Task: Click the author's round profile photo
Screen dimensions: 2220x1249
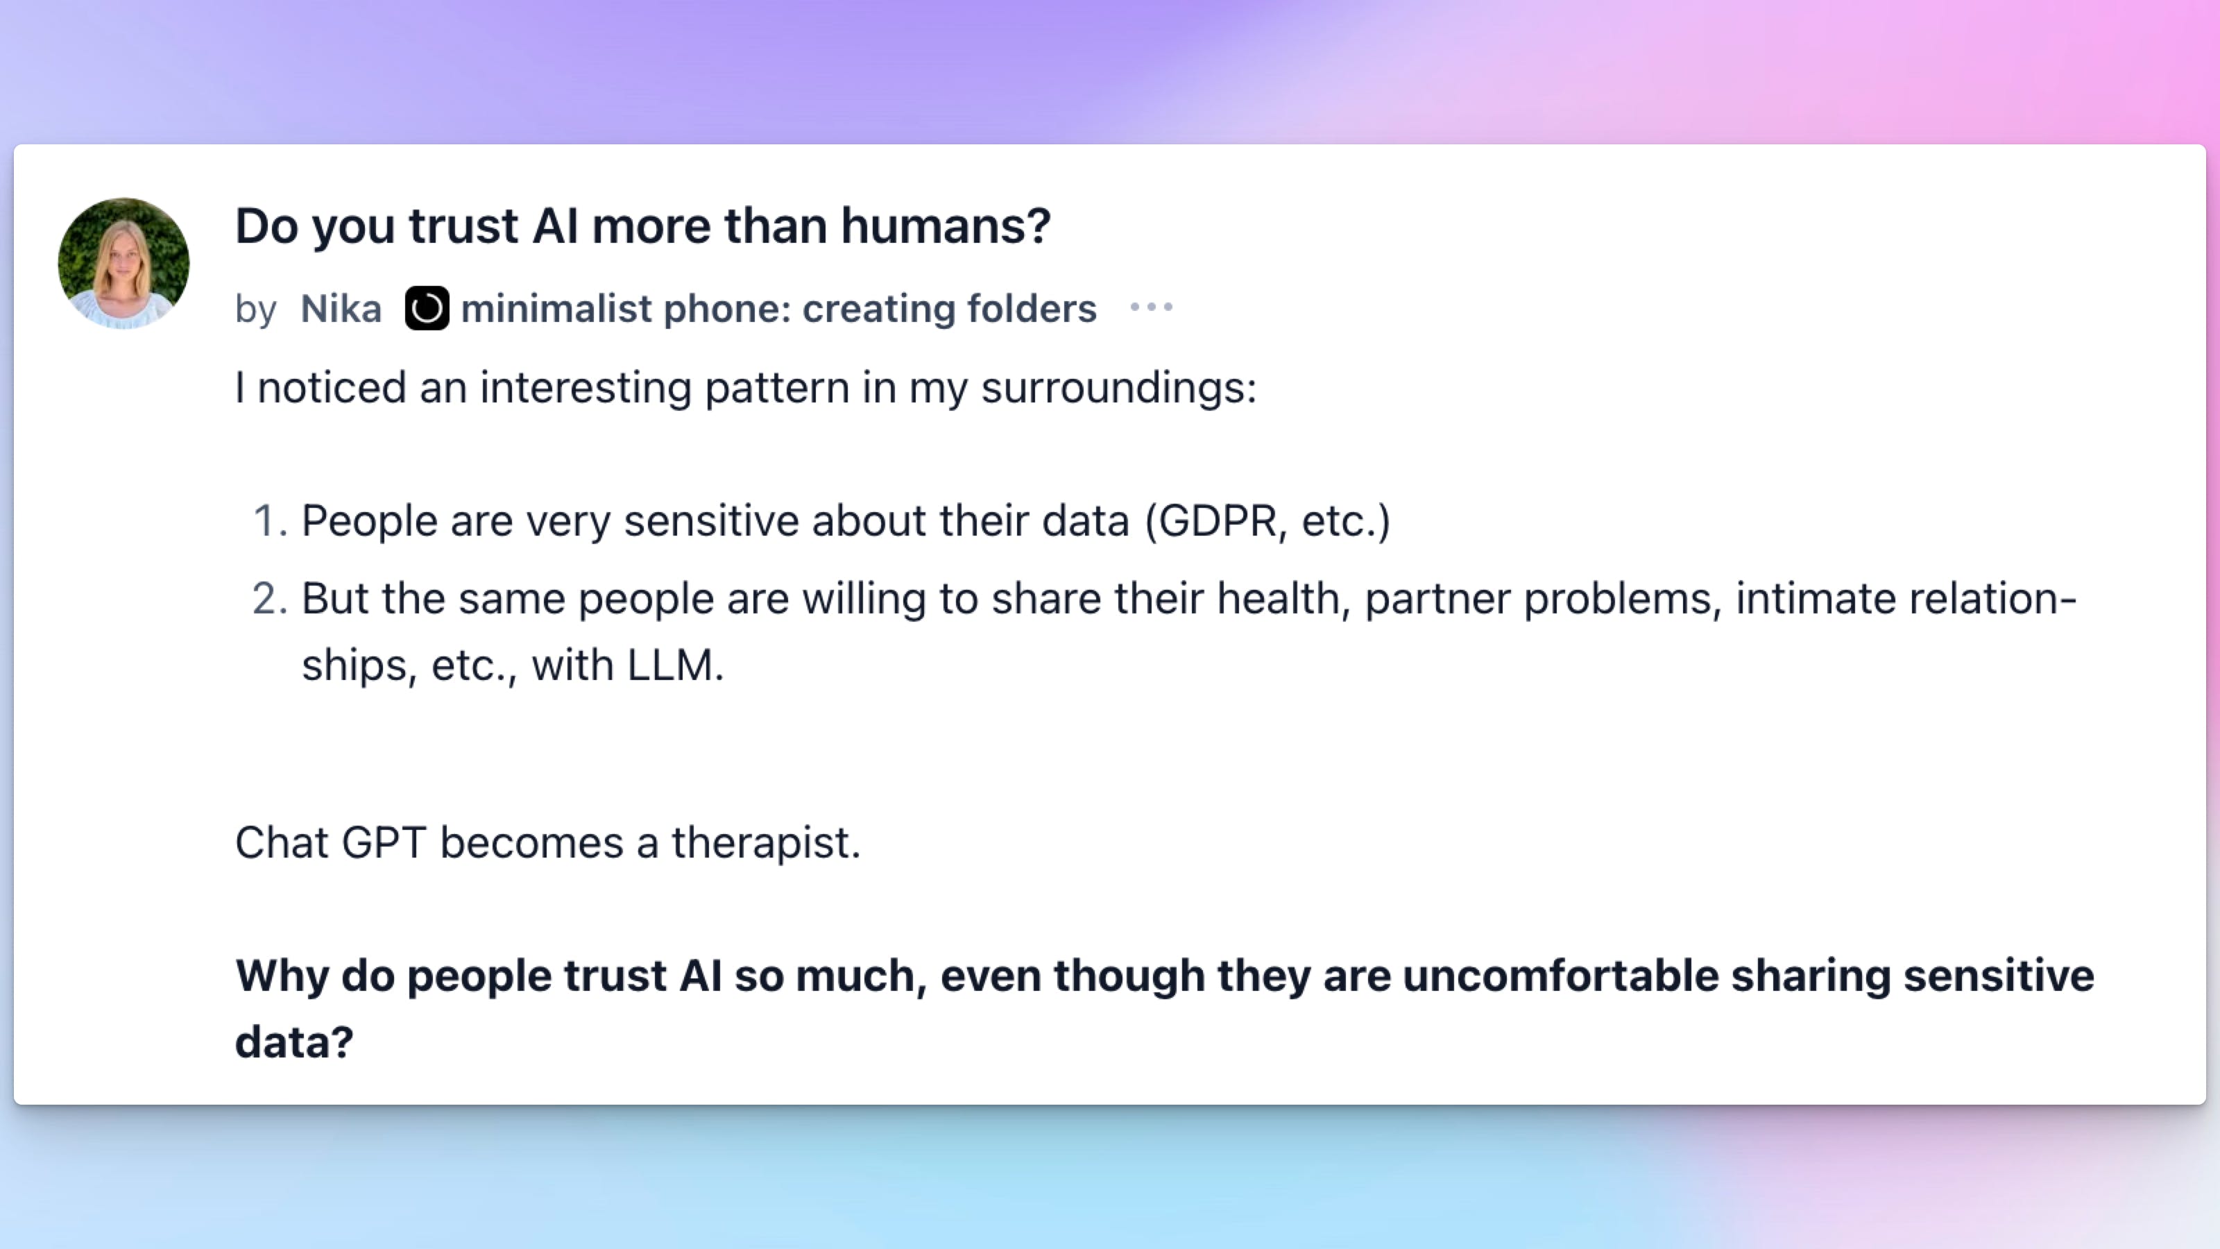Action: click(x=123, y=263)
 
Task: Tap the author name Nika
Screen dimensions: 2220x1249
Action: click(x=341, y=309)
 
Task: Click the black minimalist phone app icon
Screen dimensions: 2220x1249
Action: click(x=427, y=307)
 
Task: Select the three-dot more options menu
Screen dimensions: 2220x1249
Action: click(x=1152, y=307)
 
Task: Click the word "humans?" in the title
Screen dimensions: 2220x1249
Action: click(x=946, y=226)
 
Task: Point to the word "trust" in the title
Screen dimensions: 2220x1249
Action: click(x=463, y=226)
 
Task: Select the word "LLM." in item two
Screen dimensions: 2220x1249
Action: click(x=676, y=665)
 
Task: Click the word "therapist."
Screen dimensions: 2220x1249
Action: click(x=766, y=843)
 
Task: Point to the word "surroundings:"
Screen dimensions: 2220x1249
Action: click(x=1118, y=388)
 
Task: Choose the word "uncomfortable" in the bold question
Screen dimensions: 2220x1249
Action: click(x=1561, y=976)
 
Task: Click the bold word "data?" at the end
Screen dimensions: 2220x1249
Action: click(x=294, y=1042)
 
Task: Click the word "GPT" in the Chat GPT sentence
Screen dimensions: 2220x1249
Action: click(x=384, y=843)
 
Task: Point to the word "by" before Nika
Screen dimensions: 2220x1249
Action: click(x=255, y=309)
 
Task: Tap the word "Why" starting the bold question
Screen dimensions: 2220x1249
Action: click(x=282, y=976)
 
